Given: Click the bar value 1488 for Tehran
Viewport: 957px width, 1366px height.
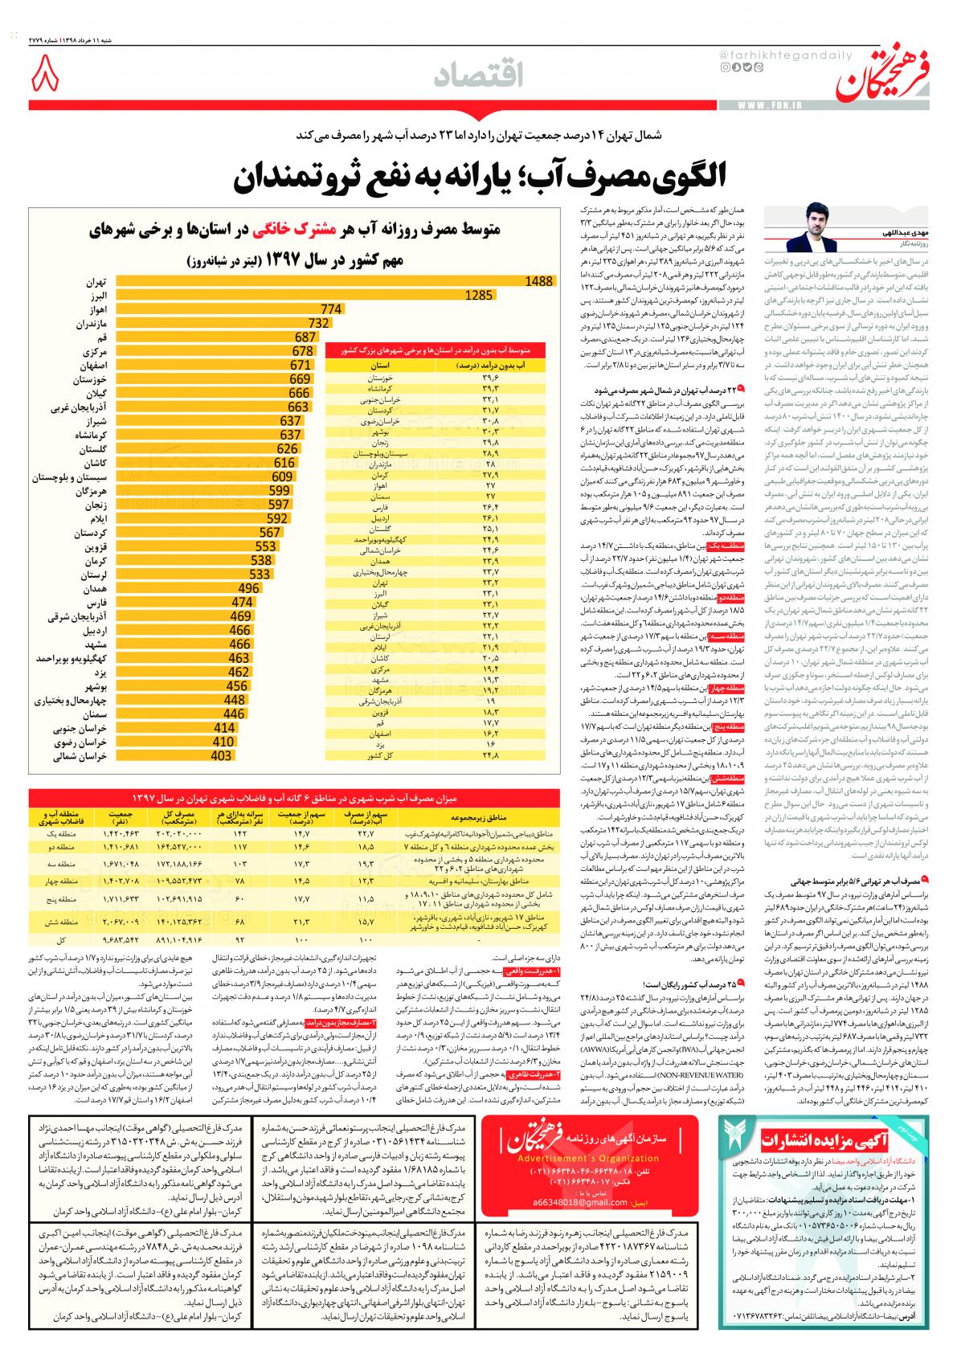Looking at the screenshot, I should coord(539,280).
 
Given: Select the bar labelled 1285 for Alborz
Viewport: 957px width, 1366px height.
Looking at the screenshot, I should coord(478,296).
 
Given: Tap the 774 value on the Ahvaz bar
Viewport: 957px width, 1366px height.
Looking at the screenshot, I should coord(331,309).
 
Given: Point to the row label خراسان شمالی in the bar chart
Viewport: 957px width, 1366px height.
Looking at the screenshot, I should coord(80,756).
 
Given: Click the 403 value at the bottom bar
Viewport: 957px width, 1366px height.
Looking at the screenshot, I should coord(221,756).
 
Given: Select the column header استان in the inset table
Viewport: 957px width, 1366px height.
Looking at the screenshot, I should coord(378,365).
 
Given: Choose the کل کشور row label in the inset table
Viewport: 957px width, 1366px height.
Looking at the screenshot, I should coord(378,756).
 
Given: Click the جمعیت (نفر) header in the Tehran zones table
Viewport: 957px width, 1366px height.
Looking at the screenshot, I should coord(129,818).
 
